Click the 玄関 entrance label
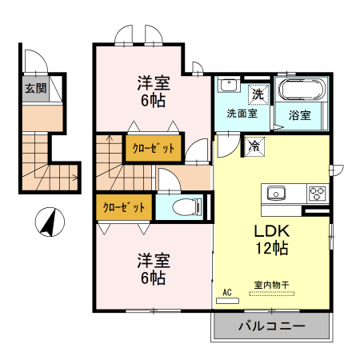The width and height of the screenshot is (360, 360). click(x=34, y=89)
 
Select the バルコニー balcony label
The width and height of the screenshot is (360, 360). click(x=271, y=326)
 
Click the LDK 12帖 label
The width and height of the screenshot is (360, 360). click(x=271, y=239)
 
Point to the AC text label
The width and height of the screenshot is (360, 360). click(x=227, y=292)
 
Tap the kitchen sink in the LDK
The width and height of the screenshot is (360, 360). click(x=277, y=193)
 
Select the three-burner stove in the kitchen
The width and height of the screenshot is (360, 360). click(x=317, y=193)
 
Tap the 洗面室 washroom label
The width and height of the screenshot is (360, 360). click(x=241, y=114)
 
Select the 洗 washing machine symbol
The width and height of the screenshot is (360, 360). click(x=258, y=94)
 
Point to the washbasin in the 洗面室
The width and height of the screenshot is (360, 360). click(x=227, y=85)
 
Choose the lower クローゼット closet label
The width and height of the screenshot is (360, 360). click(x=123, y=207)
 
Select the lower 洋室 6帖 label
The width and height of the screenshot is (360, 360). click(x=150, y=269)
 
